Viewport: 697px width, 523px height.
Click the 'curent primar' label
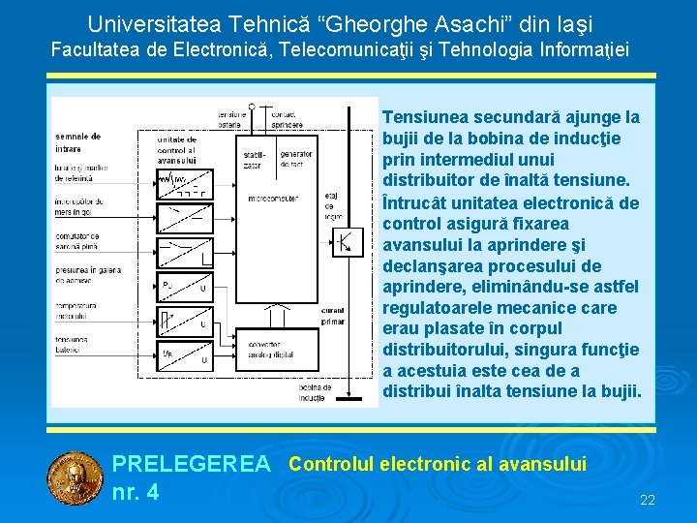332,316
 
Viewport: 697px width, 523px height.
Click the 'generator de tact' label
295,158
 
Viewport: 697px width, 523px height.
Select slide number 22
648,501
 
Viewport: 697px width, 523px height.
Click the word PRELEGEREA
192,465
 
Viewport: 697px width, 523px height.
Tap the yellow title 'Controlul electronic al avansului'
438,464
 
